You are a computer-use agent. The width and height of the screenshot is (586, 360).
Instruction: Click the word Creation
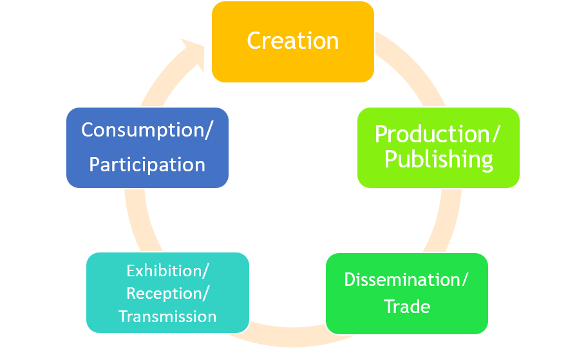[x=292, y=41]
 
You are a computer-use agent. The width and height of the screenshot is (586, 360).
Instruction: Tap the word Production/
[x=438, y=134]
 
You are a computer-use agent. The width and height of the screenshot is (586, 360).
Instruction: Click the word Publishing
[x=439, y=159]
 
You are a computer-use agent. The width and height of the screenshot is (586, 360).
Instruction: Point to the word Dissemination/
[x=406, y=280]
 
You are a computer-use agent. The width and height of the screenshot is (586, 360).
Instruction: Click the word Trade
[x=407, y=306]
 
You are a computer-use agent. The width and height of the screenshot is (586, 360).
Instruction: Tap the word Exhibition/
[x=167, y=270]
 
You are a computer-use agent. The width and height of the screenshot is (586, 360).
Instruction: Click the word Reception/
[x=167, y=293]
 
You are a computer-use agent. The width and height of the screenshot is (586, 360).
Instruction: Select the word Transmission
[x=167, y=316]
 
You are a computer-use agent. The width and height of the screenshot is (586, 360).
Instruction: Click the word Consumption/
[x=147, y=129]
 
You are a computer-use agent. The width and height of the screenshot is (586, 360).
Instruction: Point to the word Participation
[x=147, y=164]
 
